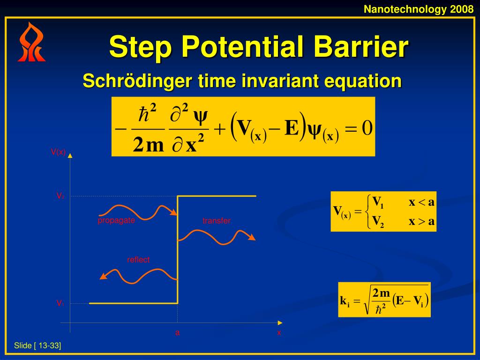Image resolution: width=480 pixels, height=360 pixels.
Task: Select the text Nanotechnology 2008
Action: tap(419, 9)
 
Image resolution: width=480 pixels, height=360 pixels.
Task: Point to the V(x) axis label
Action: tap(58, 151)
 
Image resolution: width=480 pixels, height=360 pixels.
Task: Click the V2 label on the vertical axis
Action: tap(60, 196)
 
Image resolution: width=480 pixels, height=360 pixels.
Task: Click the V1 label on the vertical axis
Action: tap(60, 303)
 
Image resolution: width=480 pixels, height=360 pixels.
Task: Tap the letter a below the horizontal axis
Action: tap(177, 333)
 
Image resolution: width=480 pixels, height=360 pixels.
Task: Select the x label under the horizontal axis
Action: tap(279, 333)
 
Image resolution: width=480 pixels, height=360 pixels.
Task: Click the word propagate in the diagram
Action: tap(116, 220)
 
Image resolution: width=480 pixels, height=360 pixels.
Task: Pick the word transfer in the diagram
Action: tap(217, 221)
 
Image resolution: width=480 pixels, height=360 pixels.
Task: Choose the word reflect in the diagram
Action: tap(138, 260)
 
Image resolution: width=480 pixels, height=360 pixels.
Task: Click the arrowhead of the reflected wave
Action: tap(103, 276)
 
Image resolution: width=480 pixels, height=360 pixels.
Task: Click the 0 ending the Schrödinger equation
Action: tap(367, 128)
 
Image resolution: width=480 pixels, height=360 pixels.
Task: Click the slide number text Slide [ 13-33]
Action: tap(37, 346)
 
